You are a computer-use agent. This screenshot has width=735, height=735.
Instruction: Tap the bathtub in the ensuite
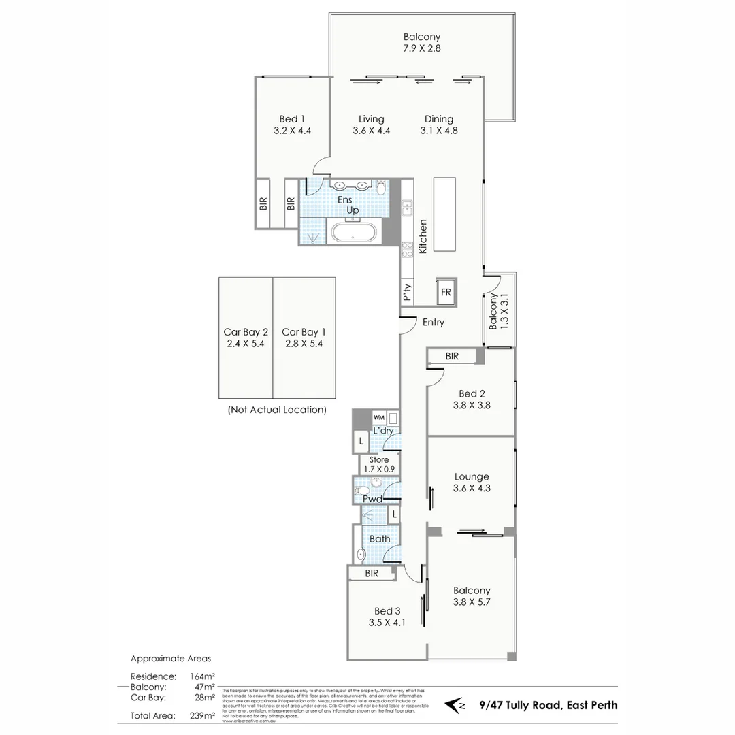353,233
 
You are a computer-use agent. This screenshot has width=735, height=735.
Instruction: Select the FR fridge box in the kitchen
446,292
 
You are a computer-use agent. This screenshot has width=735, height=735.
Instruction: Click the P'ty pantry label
407,293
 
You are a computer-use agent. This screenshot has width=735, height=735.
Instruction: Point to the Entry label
433,323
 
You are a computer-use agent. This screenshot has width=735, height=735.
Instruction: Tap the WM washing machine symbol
378,417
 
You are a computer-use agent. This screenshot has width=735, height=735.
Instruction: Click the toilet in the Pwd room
363,490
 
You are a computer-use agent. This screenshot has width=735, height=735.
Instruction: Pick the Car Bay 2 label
246,332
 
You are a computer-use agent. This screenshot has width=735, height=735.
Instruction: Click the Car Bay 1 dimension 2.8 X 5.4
304,344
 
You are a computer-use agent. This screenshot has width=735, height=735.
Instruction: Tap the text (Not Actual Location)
276,410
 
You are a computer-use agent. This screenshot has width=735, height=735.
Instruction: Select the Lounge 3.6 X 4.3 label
471,483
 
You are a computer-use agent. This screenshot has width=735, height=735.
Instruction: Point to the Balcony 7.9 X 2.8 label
421,43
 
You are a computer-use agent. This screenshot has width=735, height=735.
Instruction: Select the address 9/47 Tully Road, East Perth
549,705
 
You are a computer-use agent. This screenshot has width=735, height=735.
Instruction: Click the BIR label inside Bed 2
452,356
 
